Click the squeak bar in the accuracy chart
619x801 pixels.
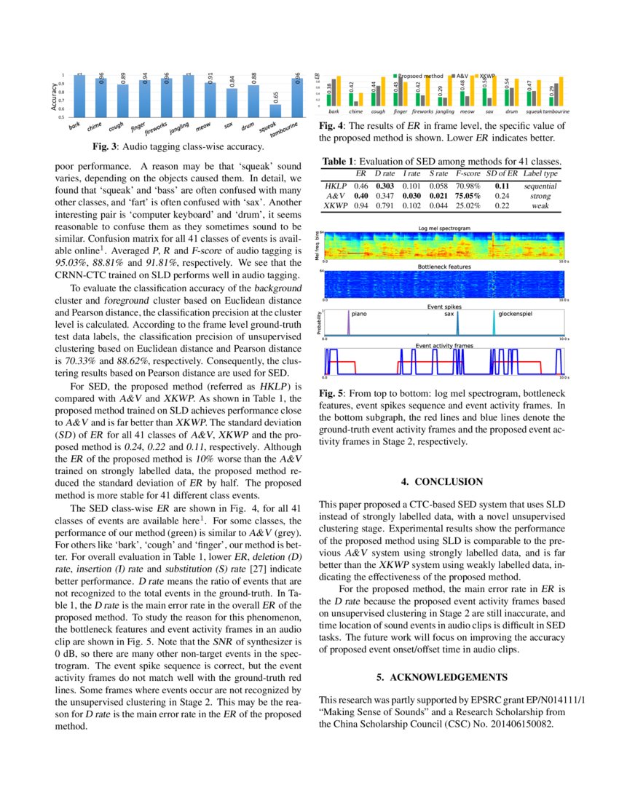coord(275,110)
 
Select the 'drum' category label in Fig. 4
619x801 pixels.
coord(512,112)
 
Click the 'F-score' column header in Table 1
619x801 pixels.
coord(469,174)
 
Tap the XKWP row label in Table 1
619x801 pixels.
coord(335,206)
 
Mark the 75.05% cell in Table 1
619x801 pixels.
coord(470,196)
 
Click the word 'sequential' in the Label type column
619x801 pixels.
coord(540,186)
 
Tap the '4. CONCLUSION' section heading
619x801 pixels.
coord(442,481)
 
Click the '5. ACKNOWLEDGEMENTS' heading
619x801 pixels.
coord(442,677)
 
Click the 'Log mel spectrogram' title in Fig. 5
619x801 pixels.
coord(443,229)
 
